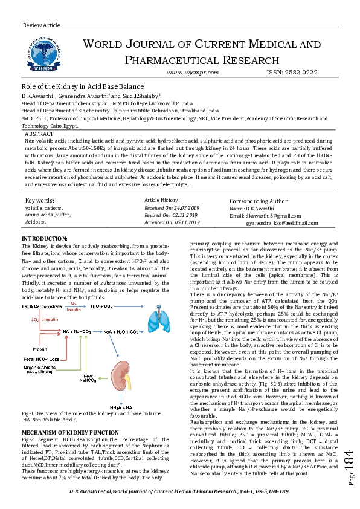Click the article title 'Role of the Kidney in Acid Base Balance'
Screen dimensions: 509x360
(76, 87)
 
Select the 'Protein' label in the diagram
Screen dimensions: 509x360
(40, 348)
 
